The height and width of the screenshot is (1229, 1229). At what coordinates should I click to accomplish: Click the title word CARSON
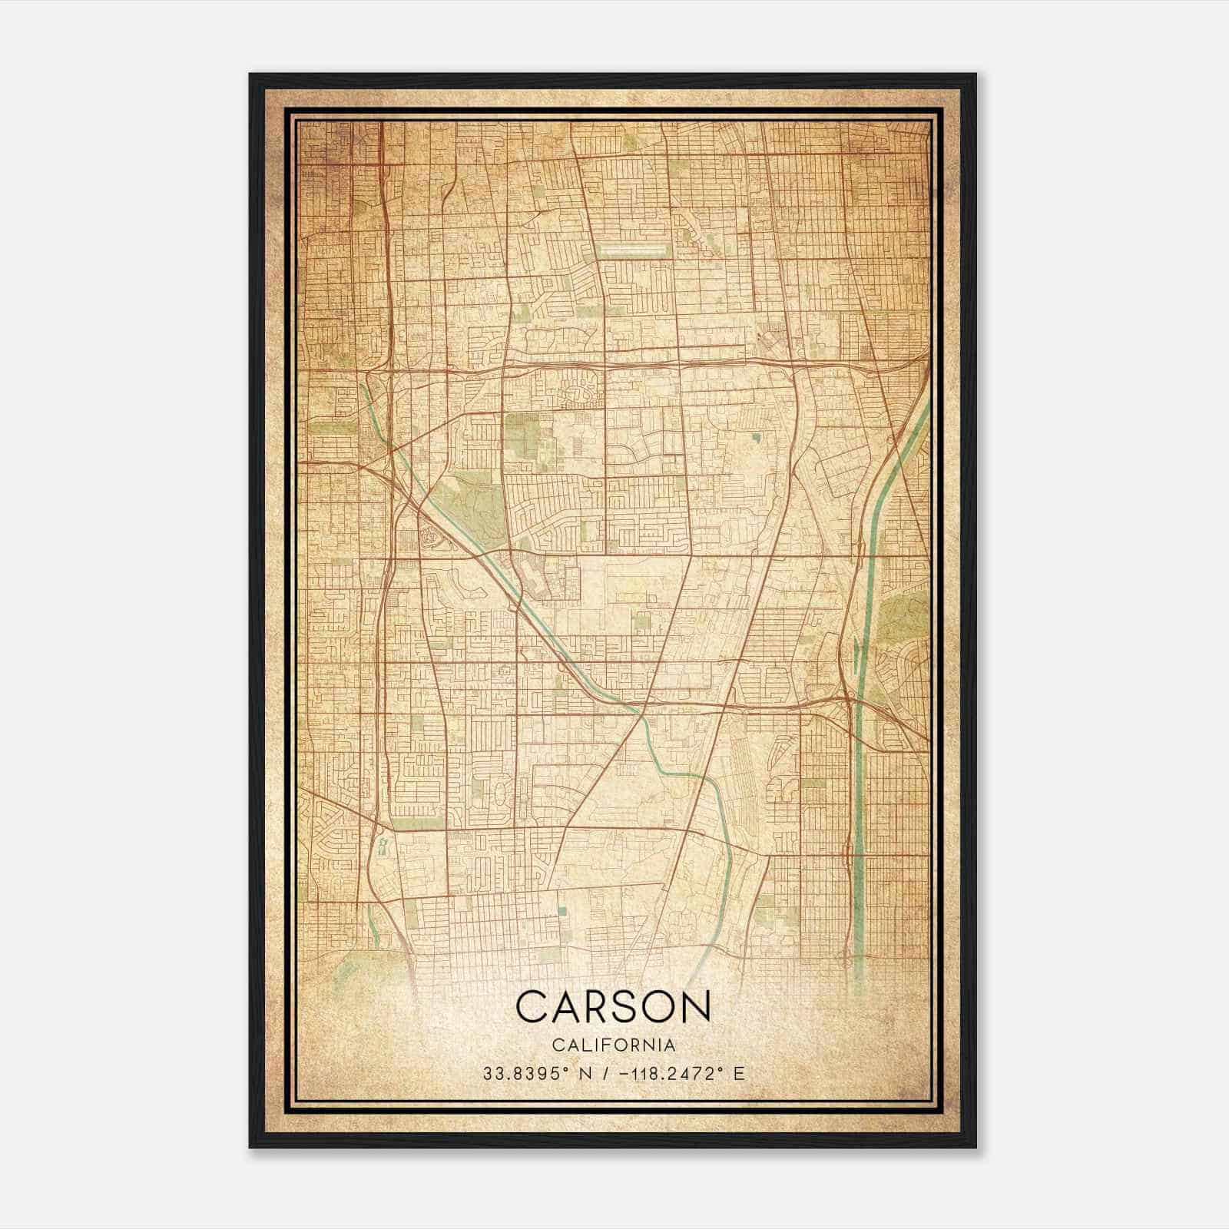point(613,1007)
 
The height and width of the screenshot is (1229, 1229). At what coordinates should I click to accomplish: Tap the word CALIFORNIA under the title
point(614,1045)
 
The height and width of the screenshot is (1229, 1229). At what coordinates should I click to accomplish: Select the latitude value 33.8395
point(522,1073)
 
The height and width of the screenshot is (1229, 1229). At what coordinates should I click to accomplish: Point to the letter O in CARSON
point(651,1007)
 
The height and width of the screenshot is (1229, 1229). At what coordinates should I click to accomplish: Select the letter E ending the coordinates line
point(739,1073)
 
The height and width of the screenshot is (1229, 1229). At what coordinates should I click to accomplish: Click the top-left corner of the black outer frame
point(250,75)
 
